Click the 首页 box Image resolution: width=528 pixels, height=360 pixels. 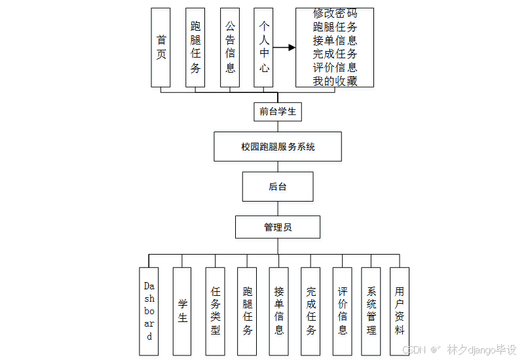pos(160,47)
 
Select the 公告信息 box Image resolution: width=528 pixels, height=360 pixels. pos(230,47)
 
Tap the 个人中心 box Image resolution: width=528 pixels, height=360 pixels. pos(263,47)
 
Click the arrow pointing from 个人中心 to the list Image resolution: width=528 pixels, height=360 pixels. pos(284,48)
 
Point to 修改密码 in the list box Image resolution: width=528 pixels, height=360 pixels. pos(335,13)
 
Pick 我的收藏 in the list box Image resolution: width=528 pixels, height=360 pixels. pos(335,81)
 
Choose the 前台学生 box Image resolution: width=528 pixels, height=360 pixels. pos(278,111)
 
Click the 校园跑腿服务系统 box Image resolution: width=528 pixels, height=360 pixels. pos(278,147)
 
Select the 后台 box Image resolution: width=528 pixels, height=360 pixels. pos(278,187)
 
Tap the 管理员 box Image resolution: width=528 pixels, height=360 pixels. pos(278,227)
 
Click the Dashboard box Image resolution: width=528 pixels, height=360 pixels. pos(149,311)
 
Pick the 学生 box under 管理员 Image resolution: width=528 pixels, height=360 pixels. pos(182,311)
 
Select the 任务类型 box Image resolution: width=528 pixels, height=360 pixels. pos(215,311)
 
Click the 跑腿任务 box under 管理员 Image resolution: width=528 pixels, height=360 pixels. pos(247,311)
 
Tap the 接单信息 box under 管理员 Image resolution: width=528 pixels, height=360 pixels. pos(278,311)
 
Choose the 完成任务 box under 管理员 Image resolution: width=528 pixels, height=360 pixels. pos(311,311)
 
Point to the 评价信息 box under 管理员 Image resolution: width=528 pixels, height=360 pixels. pos(342,311)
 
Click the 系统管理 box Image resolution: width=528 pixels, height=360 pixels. pos(371,311)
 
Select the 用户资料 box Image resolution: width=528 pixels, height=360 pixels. pos(399,311)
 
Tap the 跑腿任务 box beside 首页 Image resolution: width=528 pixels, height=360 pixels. pos(195,47)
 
